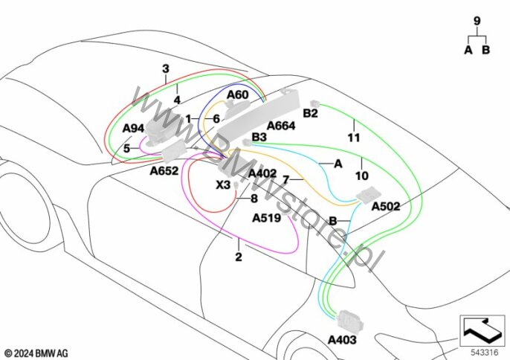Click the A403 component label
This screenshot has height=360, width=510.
342,341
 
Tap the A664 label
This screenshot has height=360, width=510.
281,126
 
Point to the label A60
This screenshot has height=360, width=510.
238,95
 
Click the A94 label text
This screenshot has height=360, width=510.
133,129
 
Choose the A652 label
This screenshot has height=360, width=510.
164,170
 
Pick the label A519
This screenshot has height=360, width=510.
267,219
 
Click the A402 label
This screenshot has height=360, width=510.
262,173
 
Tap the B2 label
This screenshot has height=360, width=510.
311,113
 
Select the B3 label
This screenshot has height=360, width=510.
259,137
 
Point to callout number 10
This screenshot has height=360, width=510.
362,176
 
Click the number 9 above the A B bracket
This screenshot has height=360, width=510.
477,21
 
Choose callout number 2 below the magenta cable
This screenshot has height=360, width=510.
239,257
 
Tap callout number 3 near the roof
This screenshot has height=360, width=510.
166,69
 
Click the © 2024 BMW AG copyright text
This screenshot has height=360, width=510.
36,353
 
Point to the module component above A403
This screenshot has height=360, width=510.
349,320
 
